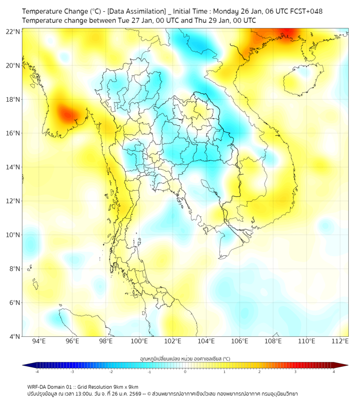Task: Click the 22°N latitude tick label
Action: [13, 31]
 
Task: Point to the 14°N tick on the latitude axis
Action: [13, 167]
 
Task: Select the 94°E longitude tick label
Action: [39, 342]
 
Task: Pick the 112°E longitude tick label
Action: [340, 342]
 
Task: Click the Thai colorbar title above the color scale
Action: [185, 359]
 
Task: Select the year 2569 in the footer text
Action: [137, 393]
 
